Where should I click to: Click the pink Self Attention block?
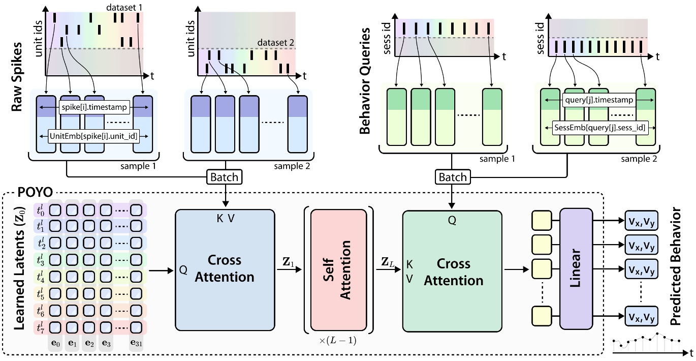coord(339,270)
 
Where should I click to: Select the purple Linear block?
coord(576,268)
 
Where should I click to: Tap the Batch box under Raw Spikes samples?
coord(225,177)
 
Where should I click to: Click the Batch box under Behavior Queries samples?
coord(452,177)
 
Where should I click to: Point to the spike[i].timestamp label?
coord(94,107)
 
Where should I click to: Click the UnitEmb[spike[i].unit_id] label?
coord(93,136)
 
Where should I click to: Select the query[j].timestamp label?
coord(599,100)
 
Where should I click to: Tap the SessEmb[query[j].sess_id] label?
coord(600,128)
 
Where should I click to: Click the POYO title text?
coord(35,192)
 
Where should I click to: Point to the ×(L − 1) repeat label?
coord(338,341)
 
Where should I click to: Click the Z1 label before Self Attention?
coord(288,262)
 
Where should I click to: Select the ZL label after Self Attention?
coord(388,262)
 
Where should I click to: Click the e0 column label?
coord(55,343)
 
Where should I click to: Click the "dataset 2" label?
coord(275,42)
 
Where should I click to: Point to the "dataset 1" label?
coord(124,7)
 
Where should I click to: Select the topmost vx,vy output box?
coord(641,221)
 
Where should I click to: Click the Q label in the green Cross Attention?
coord(452,220)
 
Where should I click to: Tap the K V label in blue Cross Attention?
coord(226,218)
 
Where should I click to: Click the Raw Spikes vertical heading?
coord(17,77)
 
